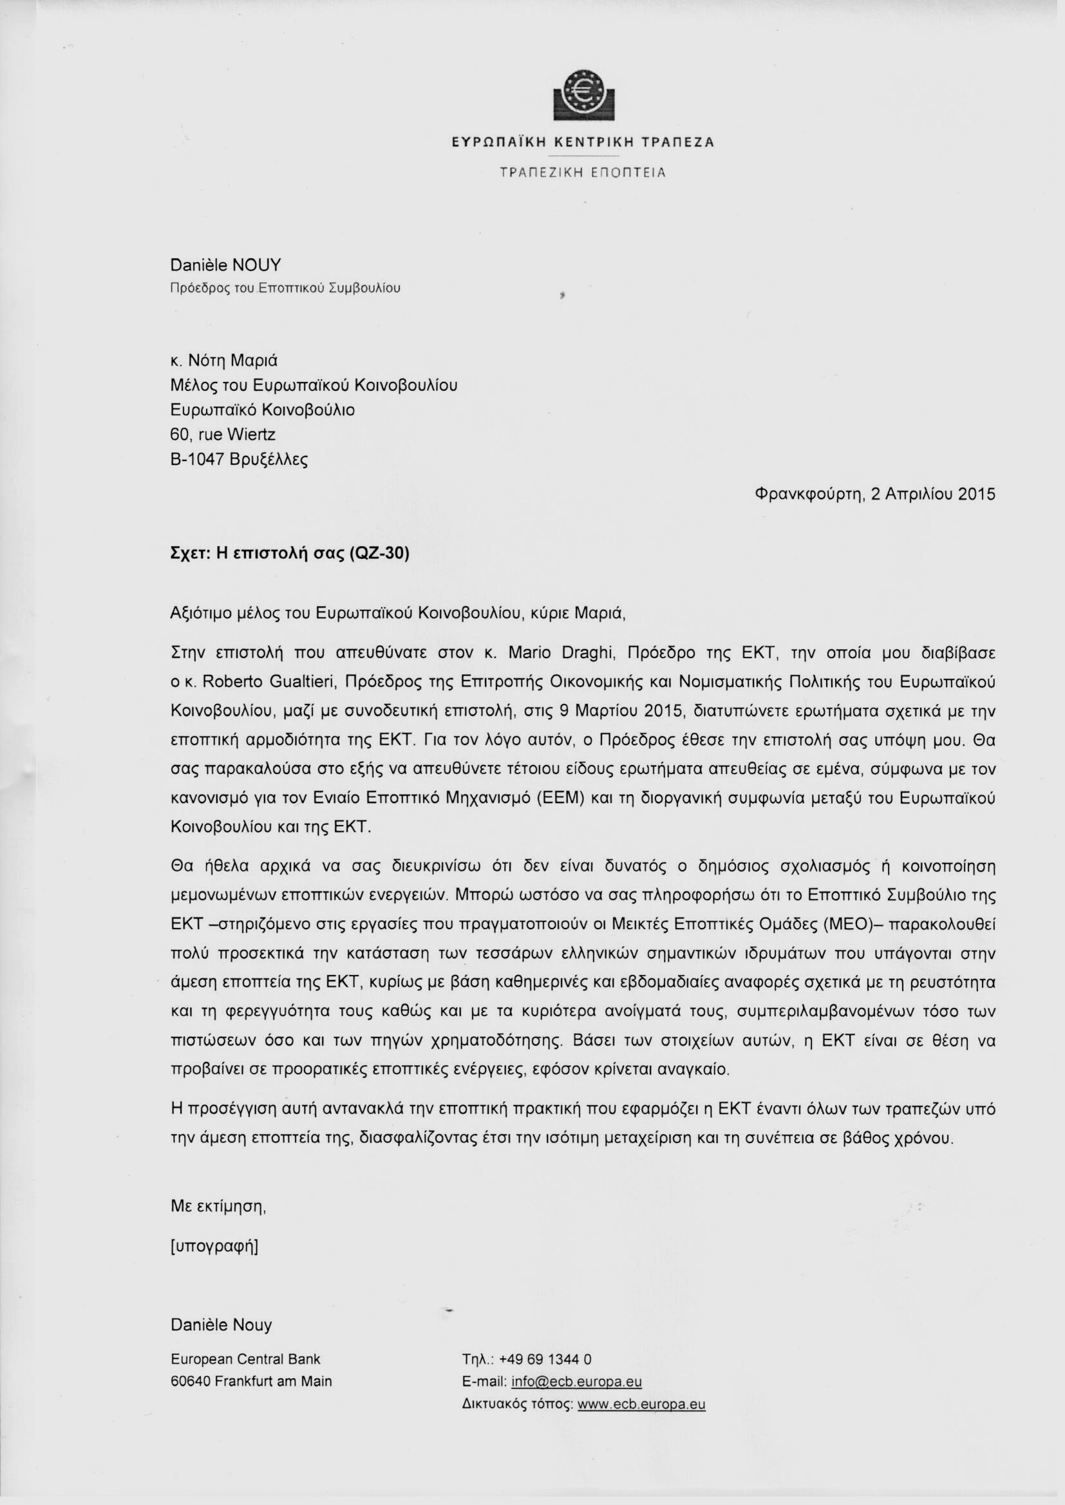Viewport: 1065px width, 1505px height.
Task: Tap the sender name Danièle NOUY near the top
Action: click(225, 265)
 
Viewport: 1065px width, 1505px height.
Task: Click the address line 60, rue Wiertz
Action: click(223, 434)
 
